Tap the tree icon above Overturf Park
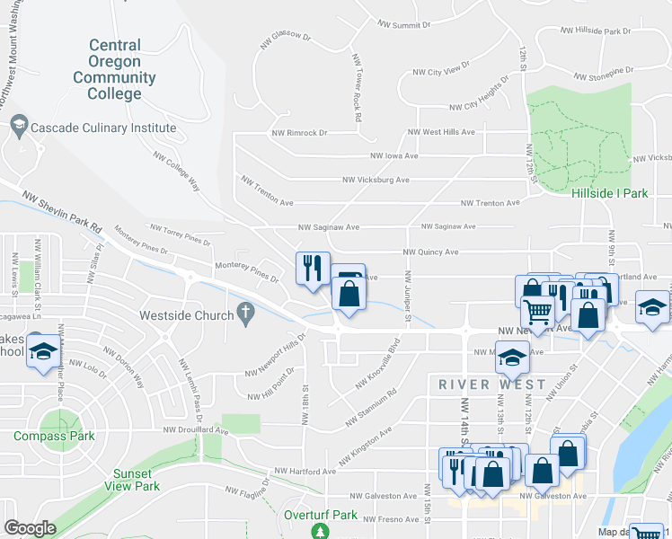click(321, 533)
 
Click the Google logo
click(30, 528)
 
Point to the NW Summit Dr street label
click(404, 25)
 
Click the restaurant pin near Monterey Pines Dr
click(312, 269)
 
